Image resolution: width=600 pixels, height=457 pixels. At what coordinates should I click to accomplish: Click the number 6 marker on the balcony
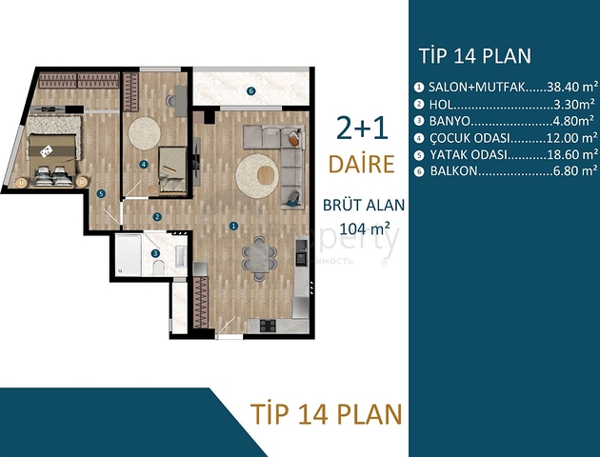point(250,91)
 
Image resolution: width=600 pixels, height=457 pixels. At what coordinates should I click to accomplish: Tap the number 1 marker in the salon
point(233,226)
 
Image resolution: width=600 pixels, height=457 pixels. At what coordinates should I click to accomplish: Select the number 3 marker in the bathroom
point(155,253)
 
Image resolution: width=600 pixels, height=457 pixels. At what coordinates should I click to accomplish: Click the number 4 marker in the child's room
point(143,164)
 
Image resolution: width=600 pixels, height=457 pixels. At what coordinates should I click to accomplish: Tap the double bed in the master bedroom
point(47,151)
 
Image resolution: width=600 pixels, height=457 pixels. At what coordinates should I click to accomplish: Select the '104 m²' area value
point(367,228)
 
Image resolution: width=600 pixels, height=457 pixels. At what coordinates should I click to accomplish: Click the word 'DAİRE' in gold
point(361,163)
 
